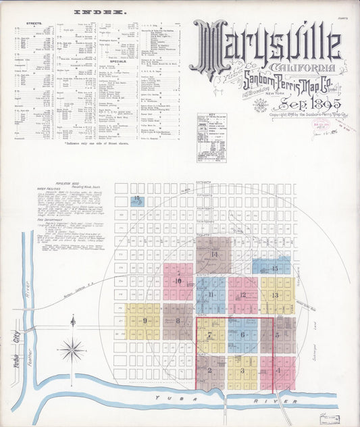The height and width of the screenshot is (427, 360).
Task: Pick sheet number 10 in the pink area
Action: tap(178, 281)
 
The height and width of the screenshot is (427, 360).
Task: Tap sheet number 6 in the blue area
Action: tap(241, 334)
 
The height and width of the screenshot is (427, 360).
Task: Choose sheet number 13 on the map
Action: tap(274, 295)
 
